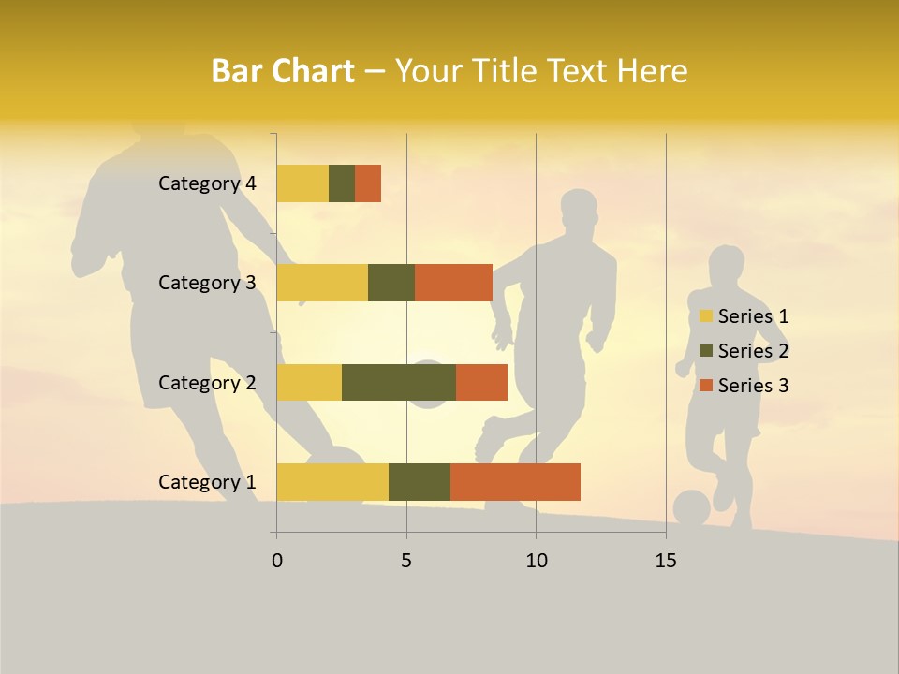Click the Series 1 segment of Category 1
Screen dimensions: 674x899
tap(332, 482)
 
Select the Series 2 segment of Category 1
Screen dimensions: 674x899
tap(420, 482)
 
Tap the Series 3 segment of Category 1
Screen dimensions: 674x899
tap(515, 482)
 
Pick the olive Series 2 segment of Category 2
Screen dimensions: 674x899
tap(399, 382)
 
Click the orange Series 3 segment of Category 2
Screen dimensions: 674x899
tap(481, 382)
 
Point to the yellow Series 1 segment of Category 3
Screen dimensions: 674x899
tap(322, 283)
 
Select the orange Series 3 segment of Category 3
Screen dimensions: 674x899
tap(453, 283)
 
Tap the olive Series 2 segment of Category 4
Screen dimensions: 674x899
tap(342, 183)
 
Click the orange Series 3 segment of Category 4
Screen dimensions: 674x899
tap(368, 183)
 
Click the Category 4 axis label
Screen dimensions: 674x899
tap(207, 183)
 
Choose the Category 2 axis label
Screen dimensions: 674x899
tap(207, 382)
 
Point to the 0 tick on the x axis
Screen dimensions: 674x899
tap(277, 561)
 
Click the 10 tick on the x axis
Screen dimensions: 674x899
tap(536, 561)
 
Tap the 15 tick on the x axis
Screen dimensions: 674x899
tap(666, 561)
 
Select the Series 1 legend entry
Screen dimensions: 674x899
tap(744, 316)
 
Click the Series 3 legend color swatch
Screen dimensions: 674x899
tap(706, 386)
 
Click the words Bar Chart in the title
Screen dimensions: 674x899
tap(282, 71)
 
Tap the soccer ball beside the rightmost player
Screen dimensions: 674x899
tap(691, 508)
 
